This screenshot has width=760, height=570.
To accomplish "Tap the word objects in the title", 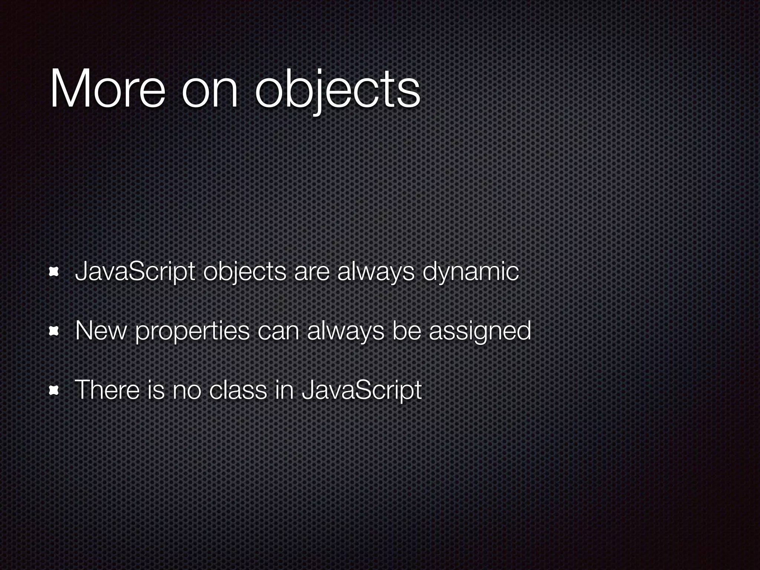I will pos(338,91).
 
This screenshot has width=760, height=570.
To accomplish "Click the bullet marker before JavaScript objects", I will pos(55,272).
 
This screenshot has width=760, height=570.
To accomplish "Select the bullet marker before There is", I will pos(55,390).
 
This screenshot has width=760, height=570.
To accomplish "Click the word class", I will pos(238,390).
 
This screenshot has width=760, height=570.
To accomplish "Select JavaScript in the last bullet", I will pos(362,391).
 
